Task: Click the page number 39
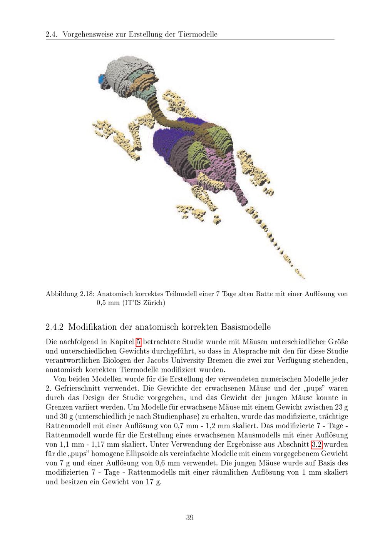tap(189, 517)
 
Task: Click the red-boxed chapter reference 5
tap(139, 341)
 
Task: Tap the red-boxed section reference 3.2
tap(316, 445)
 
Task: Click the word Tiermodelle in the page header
tap(198, 34)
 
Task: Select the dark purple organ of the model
tap(164, 146)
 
